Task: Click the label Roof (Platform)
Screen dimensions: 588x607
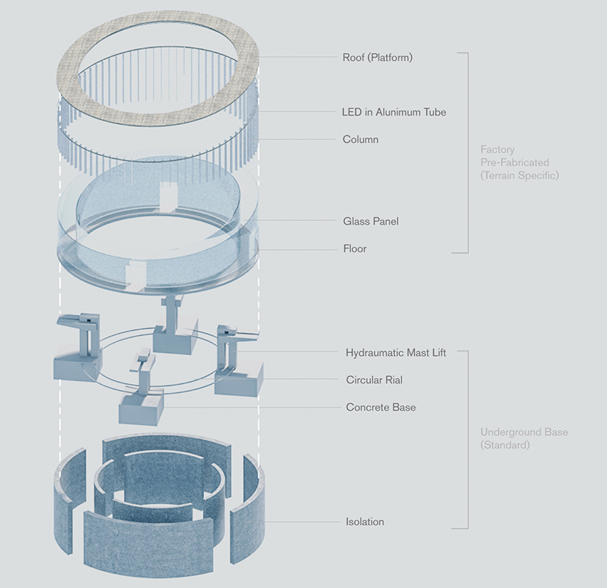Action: [377, 57]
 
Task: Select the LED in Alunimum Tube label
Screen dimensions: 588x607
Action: [394, 112]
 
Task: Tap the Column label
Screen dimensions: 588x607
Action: [361, 139]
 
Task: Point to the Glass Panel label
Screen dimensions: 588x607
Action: [371, 221]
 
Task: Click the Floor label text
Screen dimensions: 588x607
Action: [355, 248]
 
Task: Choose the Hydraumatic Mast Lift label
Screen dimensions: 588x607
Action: [396, 353]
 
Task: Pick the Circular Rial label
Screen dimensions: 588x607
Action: [374, 380]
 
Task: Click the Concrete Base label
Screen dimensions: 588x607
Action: [381, 407]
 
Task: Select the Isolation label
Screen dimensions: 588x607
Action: [365, 522]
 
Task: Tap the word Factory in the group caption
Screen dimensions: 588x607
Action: [498, 149]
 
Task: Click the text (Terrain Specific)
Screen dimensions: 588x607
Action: [519, 176]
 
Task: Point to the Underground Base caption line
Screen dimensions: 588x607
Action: [524, 432]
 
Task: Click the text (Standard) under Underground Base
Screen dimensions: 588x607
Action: [505, 446]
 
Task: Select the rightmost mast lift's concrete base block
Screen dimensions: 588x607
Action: [239, 377]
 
